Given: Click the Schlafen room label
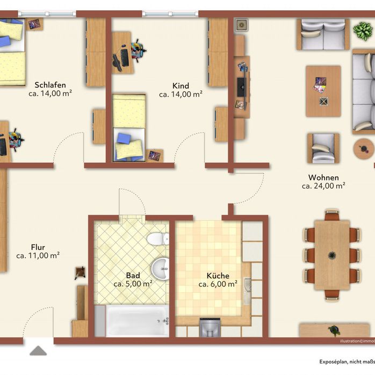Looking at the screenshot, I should pos(50,85).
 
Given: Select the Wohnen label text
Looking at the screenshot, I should pos(323,178).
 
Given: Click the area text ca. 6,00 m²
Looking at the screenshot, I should pos(218,284).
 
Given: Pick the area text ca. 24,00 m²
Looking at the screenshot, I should pos(323,186).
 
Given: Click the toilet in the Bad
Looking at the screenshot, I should pos(158,239).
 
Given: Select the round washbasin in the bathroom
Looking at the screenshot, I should pos(160,268).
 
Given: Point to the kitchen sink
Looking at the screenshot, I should pos(248,291).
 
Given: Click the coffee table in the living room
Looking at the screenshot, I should pos(323,91).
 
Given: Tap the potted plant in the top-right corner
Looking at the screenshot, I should pos(362,31).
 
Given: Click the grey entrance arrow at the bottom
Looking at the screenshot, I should pos(38,351).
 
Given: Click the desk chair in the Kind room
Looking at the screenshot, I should pos(136,52).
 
